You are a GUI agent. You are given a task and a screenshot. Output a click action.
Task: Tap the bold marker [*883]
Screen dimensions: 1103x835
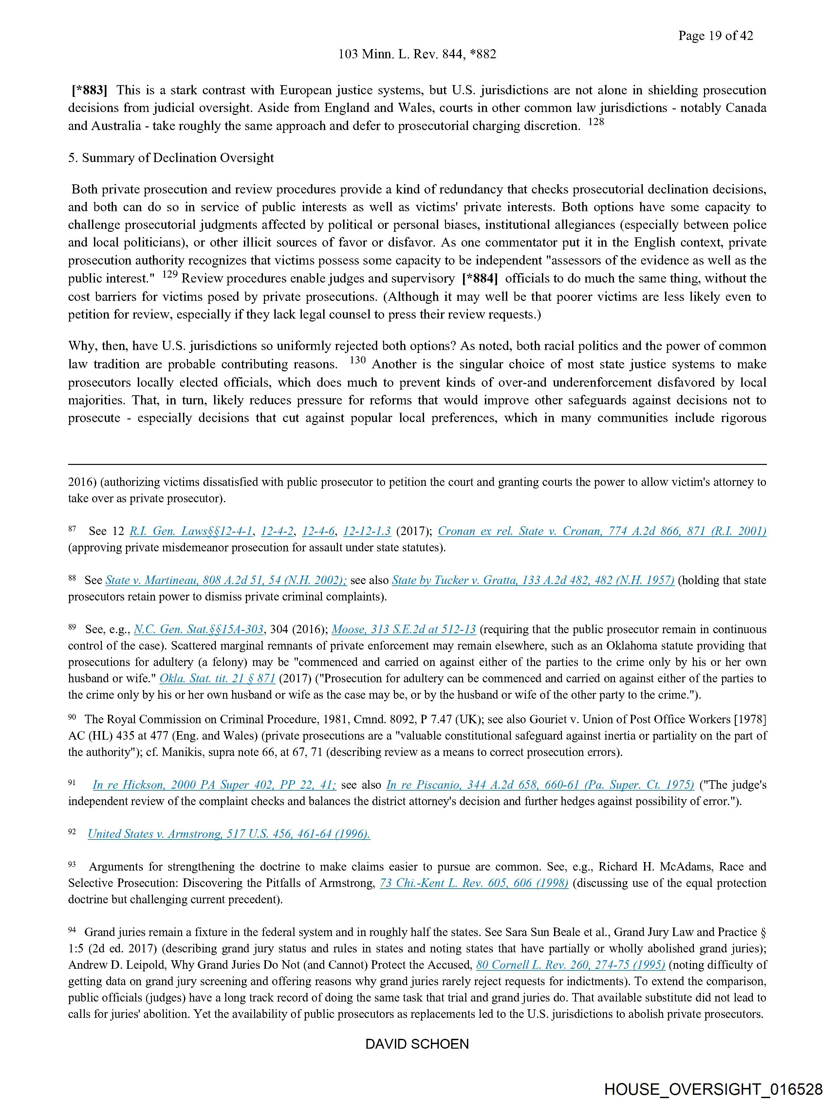pyautogui.click(x=89, y=90)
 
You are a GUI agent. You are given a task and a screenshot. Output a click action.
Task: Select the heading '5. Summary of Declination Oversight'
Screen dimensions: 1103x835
pyautogui.click(x=171, y=158)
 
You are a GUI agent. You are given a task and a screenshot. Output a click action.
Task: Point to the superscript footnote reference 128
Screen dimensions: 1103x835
pyautogui.click(x=596, y=122)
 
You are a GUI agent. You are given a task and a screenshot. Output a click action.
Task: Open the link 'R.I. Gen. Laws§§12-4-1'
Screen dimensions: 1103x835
pyautogui.click(x=191, y=532)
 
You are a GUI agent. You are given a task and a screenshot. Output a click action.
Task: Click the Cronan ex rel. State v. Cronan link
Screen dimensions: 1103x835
pyautogui.click(x=602, y=532)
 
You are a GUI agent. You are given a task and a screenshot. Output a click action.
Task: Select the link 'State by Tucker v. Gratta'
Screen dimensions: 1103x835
pyautogui.click(x=533, y=580)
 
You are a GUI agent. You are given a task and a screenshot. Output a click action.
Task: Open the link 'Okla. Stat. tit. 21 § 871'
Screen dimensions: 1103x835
pyautogui.click(x=217, y=679)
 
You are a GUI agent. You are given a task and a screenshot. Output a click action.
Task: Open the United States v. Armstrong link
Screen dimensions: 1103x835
pyautogui.click(x=229, y=834)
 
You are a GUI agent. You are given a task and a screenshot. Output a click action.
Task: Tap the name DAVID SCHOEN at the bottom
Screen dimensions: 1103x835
pyautogui.click(x=417, y=1044)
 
